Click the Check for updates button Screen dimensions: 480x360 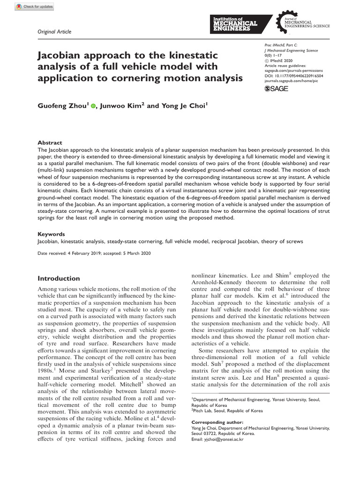[x=34, y=7]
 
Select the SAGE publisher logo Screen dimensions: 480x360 [x=277, y=88]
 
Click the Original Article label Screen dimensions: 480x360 [x=54, y=31]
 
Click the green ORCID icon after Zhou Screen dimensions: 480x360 [x=93, y=106]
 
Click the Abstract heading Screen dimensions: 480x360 [x=49, y=142]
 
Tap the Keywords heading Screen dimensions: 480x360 [x=51, y=233]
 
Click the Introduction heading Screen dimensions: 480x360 [x=59, y=278]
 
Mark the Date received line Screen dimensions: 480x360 [x=94, y=253]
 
